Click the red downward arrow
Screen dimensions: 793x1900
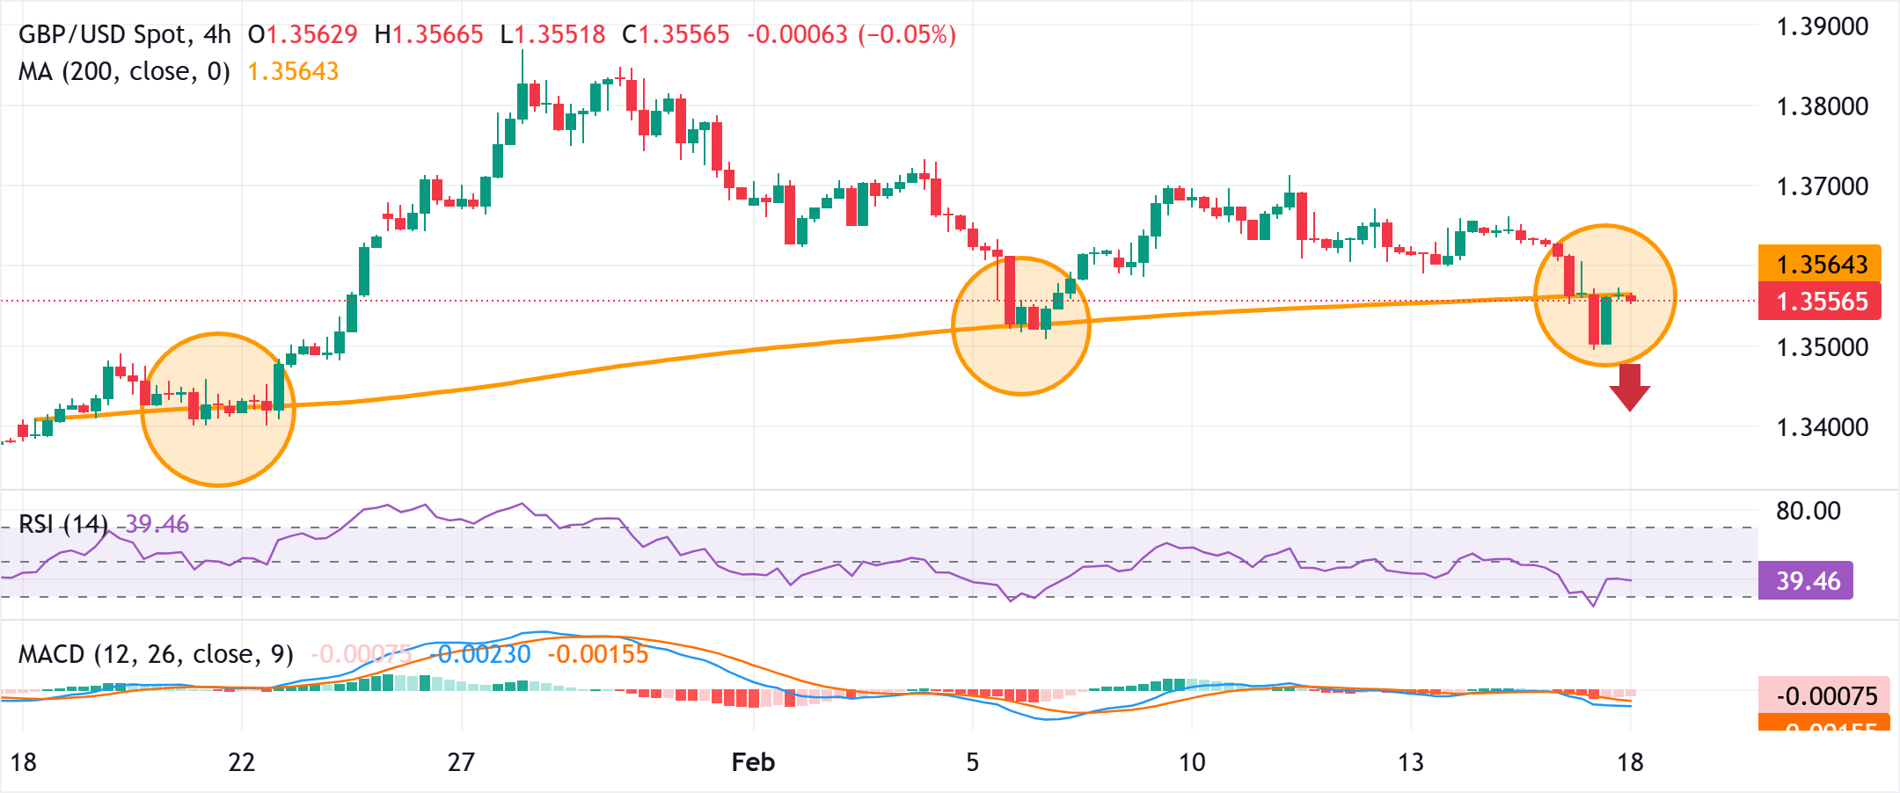coord(1630,388)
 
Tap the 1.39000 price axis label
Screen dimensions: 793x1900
coord(1822,26)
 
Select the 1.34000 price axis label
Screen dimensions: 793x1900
coord(1822,427)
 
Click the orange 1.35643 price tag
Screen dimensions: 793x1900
coord(1819,264)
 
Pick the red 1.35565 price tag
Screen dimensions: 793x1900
coord(1819,302)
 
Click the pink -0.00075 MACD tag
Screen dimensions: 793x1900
coord(1819,696)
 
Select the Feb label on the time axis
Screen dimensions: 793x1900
coord(753,762)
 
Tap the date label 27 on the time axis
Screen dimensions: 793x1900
coord(461,762)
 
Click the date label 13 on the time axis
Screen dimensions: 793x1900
coord(1410,762)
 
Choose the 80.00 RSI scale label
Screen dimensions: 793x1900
coord(1808,511)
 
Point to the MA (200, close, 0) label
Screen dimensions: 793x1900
coord(124,71)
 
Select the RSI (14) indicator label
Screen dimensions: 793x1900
coord(63,525)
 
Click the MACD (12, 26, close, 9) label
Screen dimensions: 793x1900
coord(156,654)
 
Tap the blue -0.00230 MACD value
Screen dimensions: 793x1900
coord(484,654)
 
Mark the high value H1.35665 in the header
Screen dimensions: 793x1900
coord(429,34)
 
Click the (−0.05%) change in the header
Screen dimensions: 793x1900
coord(907,34)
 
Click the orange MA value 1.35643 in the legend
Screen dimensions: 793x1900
coord(293,71)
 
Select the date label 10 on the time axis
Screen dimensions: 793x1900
coord(1191,762)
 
